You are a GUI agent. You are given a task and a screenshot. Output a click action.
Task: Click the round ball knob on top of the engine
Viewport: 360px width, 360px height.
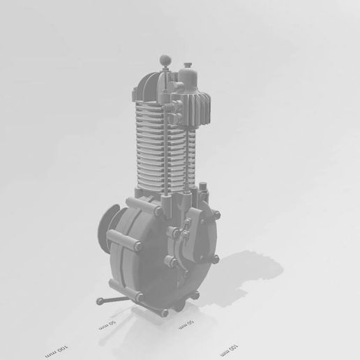(x=165, y=60)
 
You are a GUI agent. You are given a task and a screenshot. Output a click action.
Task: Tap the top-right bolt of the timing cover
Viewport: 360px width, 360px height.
(x=206, y=213)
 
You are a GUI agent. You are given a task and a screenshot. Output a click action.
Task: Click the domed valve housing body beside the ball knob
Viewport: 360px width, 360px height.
(x=187, y=81)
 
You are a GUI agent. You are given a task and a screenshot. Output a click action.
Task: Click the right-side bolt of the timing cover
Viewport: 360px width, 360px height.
(x=214, y=259)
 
